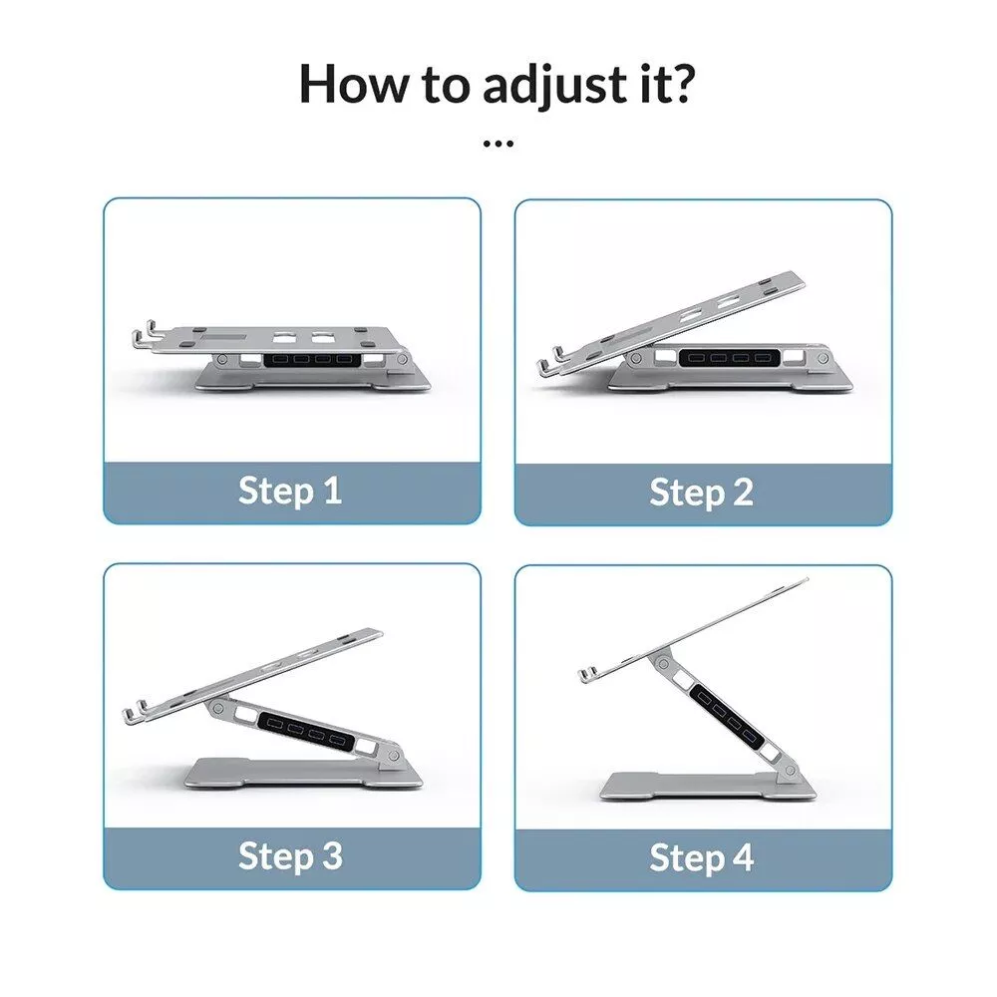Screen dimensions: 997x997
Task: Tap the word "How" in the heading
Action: (354, 84)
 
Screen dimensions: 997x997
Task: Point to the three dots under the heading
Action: (498, 145)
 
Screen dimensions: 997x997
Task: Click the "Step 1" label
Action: (290, 491)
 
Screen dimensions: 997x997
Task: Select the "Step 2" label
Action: (701, 493)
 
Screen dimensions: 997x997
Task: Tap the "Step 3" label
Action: (290, 855)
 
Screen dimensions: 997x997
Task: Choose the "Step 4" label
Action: (701, 857)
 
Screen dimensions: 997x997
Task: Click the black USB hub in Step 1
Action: (312, 360)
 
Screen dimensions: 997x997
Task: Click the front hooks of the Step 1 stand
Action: (145, 335)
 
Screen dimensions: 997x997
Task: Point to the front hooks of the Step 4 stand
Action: (589, 674)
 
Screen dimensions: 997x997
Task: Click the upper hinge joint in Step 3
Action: (217, 707)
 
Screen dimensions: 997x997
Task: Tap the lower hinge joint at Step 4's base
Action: (791, 772)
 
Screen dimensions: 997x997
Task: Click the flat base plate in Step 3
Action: (303, 774)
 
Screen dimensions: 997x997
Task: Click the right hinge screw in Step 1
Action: (402, 360)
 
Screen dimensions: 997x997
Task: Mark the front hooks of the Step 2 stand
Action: (550, 360)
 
